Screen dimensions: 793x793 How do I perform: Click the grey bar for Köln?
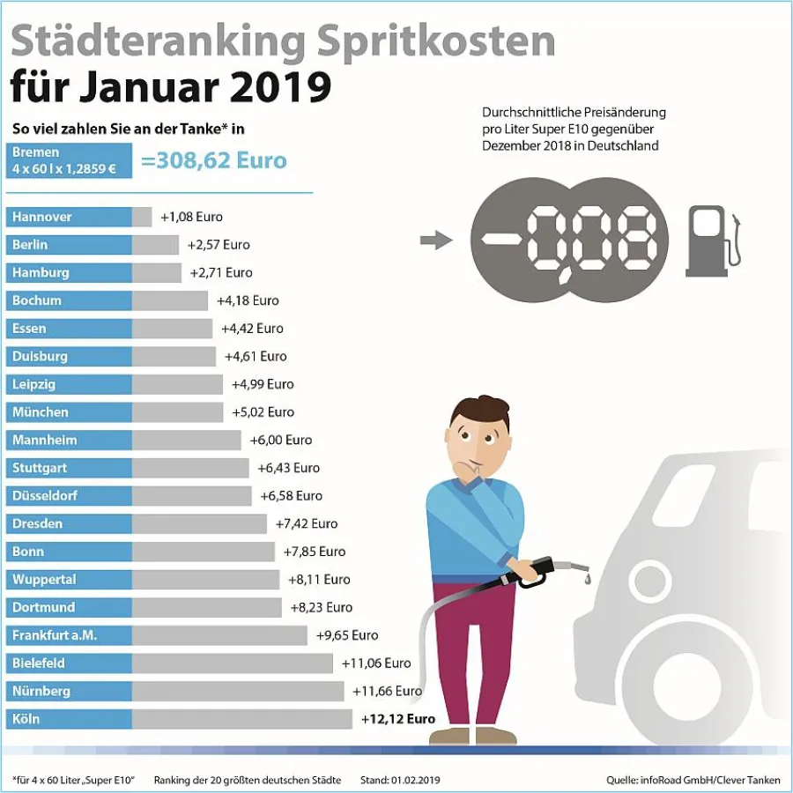point(241,719)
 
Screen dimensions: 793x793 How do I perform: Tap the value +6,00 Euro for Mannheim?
point(279,440)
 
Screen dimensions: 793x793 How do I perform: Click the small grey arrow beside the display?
point(433,239)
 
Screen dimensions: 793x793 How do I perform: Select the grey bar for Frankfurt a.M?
point(219,635)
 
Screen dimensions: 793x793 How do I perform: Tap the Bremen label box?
point(69,160)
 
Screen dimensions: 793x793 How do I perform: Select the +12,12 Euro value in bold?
point(398,719)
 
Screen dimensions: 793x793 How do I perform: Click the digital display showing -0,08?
point(569,240)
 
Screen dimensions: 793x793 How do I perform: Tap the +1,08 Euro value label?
point(191,217)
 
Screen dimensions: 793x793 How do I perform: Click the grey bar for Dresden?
point(199,523)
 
